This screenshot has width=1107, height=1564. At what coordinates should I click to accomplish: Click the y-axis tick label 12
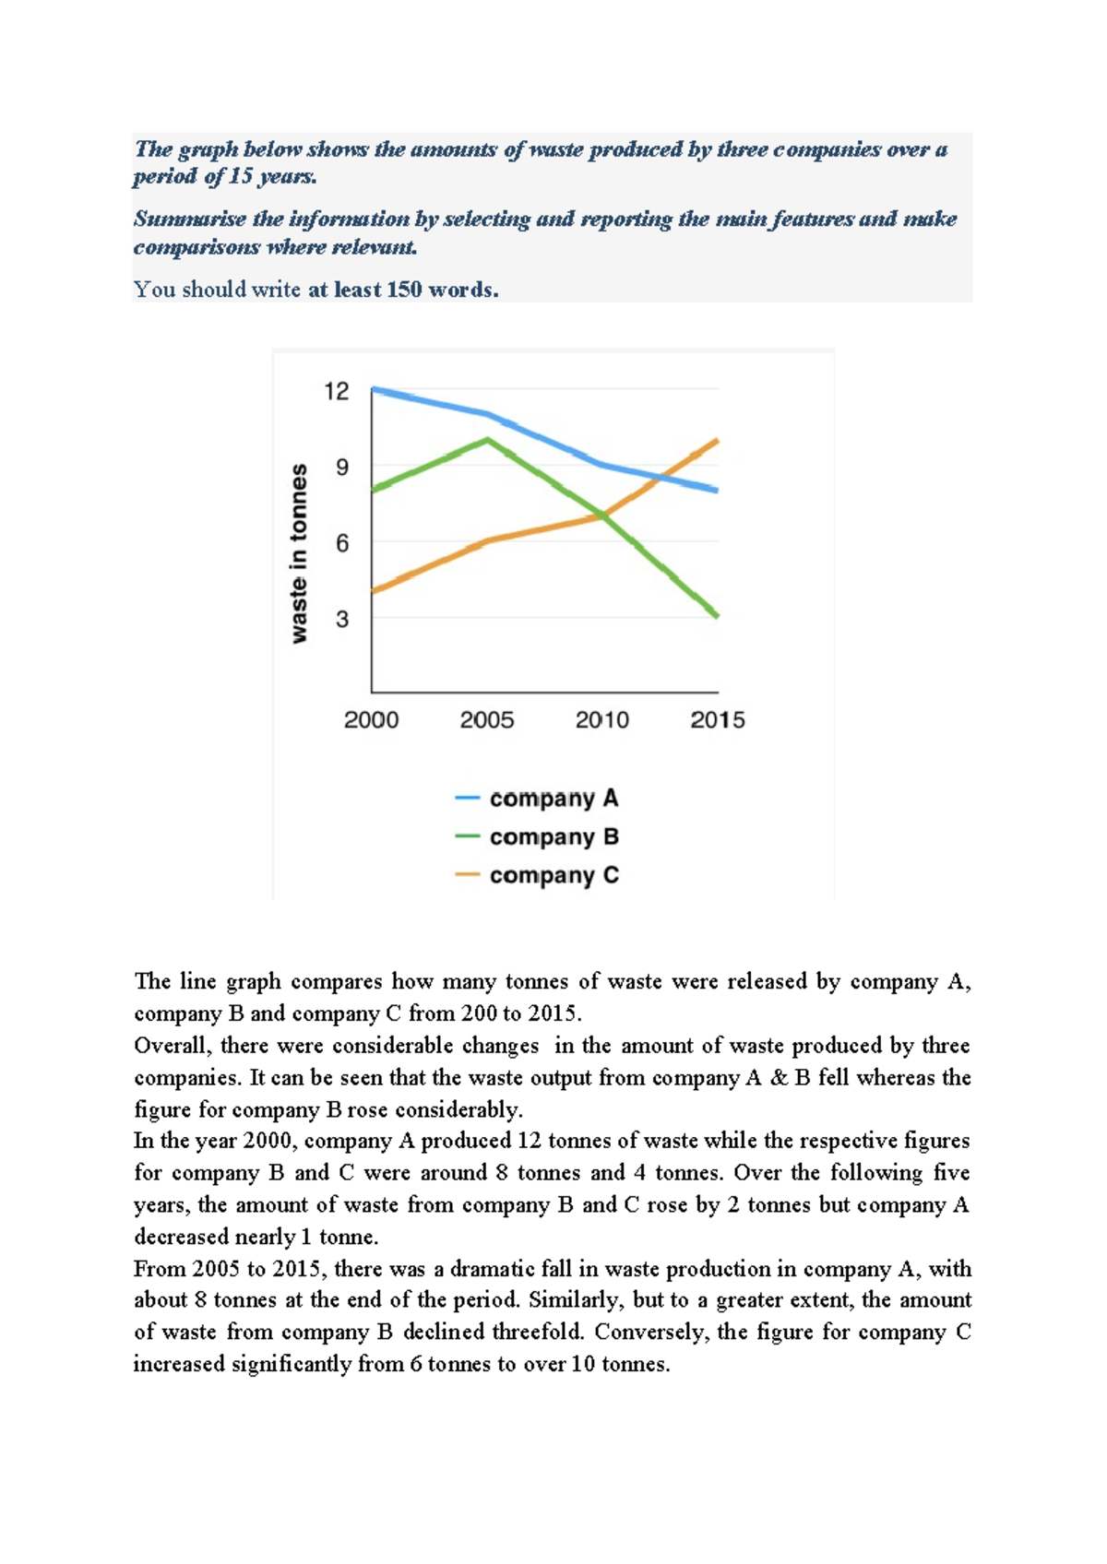[337, 392]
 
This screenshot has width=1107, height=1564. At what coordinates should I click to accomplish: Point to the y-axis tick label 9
[342, 468]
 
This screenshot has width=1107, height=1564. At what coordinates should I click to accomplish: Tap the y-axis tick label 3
[342, 619]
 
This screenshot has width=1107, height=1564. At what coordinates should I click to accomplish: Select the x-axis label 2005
[486, 720]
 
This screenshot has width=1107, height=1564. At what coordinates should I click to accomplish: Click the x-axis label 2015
[717, 720]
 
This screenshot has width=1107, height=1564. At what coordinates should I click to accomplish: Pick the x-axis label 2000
[371, 720]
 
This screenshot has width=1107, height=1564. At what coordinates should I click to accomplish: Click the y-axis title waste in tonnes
[299, 553]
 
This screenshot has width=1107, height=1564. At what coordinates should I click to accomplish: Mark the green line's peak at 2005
[487, 440]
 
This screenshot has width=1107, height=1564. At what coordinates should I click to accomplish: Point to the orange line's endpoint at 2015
[717, 441]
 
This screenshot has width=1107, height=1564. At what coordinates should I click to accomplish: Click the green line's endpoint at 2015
[717, 615]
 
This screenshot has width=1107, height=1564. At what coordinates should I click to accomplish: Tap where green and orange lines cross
[604, 515]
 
